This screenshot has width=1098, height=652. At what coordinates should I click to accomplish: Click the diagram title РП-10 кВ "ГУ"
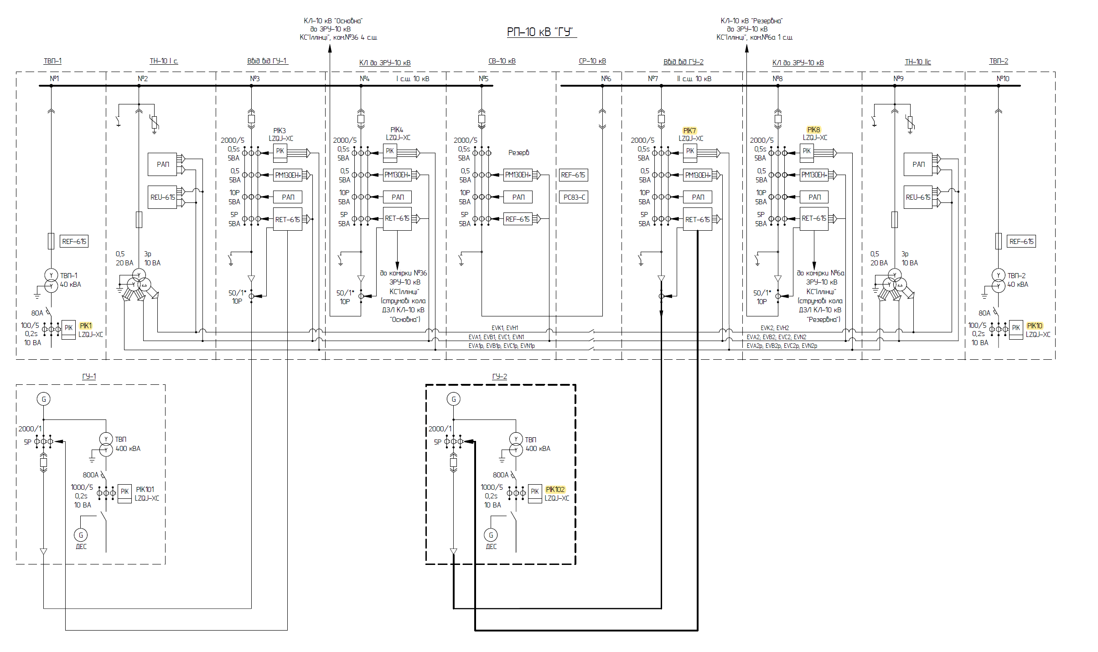542,31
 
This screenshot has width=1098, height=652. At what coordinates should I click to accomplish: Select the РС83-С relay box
574,197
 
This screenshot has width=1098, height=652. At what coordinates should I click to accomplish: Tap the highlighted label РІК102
555,489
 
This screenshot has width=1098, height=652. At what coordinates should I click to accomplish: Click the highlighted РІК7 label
689,130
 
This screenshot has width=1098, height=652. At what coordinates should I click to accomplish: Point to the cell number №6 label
606,78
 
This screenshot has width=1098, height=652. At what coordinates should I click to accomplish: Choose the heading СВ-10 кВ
502,61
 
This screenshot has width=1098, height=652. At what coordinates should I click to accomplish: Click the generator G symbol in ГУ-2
454,399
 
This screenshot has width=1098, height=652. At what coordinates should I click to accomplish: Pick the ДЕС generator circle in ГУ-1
81,535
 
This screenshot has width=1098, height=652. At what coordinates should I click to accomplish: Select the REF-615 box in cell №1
74,241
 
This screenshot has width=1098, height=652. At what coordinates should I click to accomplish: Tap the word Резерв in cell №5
519,152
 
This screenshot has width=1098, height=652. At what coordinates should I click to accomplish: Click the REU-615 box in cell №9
918,197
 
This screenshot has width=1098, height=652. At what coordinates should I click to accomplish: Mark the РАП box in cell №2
162,164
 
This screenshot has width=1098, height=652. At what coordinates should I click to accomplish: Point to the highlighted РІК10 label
1035,326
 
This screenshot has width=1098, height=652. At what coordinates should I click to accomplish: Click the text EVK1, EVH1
505,328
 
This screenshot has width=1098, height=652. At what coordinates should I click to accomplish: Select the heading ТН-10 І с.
164,61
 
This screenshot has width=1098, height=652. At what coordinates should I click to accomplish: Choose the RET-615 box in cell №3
288,219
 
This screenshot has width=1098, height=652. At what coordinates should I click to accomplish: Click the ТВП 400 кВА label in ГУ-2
538,444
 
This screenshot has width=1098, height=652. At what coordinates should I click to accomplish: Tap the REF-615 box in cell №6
574,175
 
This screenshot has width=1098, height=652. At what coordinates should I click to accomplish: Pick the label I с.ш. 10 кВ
413,78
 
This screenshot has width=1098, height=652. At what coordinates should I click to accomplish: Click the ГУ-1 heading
89,376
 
